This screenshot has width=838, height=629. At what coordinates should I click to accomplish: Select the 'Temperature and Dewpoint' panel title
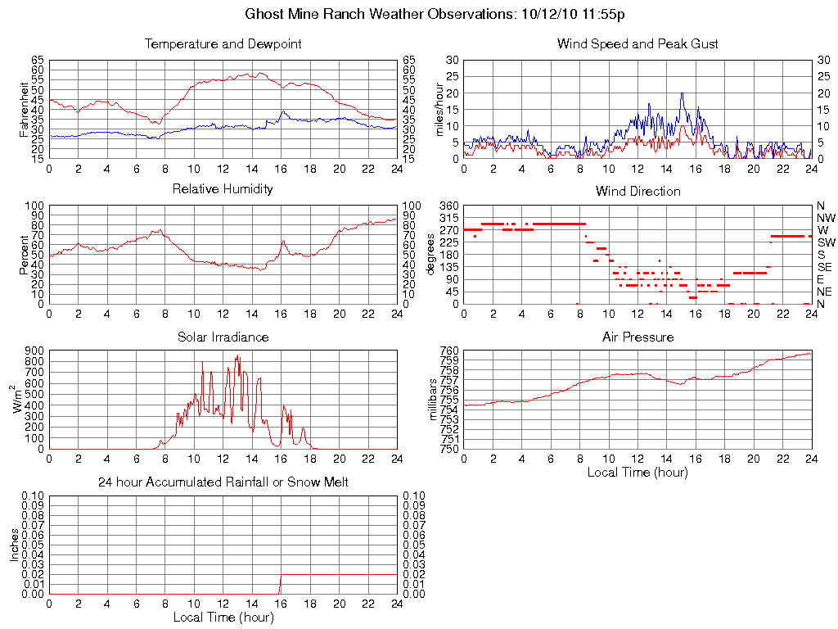tap(223, 44)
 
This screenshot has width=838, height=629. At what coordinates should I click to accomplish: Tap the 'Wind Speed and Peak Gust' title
tap(638, 44)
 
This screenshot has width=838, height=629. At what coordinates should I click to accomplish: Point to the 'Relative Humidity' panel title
tap(223, 189)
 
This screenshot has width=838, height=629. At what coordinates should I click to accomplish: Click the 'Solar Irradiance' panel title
tap(223, 337)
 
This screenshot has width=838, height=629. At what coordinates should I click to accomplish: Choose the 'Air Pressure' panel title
tap(638, 337)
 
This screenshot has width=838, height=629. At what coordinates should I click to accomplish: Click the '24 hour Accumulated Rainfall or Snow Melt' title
tap(223, 482)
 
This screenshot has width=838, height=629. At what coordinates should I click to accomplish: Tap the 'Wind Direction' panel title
tap(638, 192)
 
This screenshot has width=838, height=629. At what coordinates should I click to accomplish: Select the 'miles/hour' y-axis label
tap(439, 109)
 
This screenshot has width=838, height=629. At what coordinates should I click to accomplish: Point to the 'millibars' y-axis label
tap(434, 400)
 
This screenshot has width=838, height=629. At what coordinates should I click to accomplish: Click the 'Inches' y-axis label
tap(15, 545)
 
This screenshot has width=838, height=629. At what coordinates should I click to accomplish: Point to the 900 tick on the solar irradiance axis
tap(34, 351)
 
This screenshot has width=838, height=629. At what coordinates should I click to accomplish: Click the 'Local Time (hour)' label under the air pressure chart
tap(638, 472)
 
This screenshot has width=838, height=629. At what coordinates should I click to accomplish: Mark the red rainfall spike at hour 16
tap(280, 586)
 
